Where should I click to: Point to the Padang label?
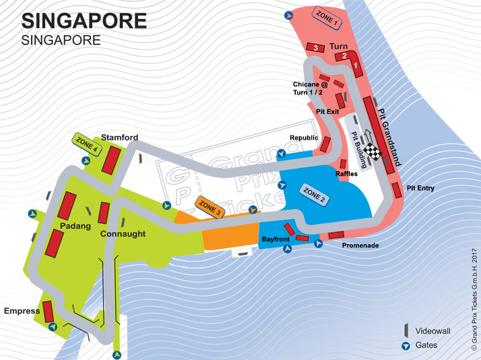(74, 226)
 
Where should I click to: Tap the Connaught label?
(123, 233)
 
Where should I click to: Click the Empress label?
(22, 311)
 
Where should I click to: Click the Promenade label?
(360, 245)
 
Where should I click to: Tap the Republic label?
(304, 138)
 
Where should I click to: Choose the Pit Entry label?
(421, 188)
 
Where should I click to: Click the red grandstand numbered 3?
(315, 47)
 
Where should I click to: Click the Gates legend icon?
(406, 346)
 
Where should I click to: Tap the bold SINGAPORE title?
(84, 20)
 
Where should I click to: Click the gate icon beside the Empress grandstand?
(52, 328)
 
